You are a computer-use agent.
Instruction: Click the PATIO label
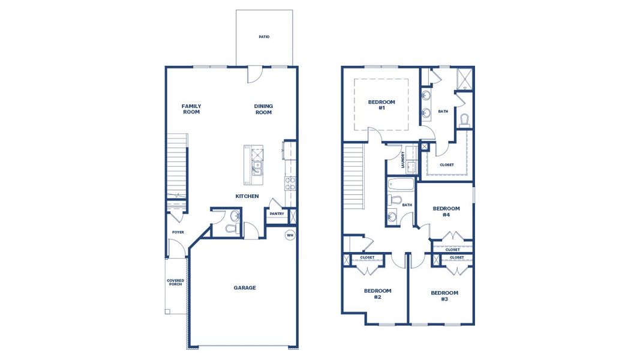tap(264, 37)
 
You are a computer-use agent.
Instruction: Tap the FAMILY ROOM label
tap(191, 109)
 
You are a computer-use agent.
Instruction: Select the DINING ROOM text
tap(263, 109)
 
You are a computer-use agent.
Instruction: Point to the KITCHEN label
tap(247, 196)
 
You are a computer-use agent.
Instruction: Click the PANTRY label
tap(277, 214)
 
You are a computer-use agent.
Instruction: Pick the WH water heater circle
tap(290, 235)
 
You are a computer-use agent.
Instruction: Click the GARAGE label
tap(245, 287)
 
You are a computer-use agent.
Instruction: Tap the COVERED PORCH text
tap(176, 282)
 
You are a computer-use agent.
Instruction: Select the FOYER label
tap(178, 232)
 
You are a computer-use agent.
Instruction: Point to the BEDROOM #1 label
tap(381, 105)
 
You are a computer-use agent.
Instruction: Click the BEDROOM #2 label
tap(377, 293)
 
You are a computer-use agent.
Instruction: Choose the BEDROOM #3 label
tap(444, 295)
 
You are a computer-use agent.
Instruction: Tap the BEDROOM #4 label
tap(446, 211)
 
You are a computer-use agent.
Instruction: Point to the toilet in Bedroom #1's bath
tap(464, 120)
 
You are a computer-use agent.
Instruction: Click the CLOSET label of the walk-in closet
tap(447, 164)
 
